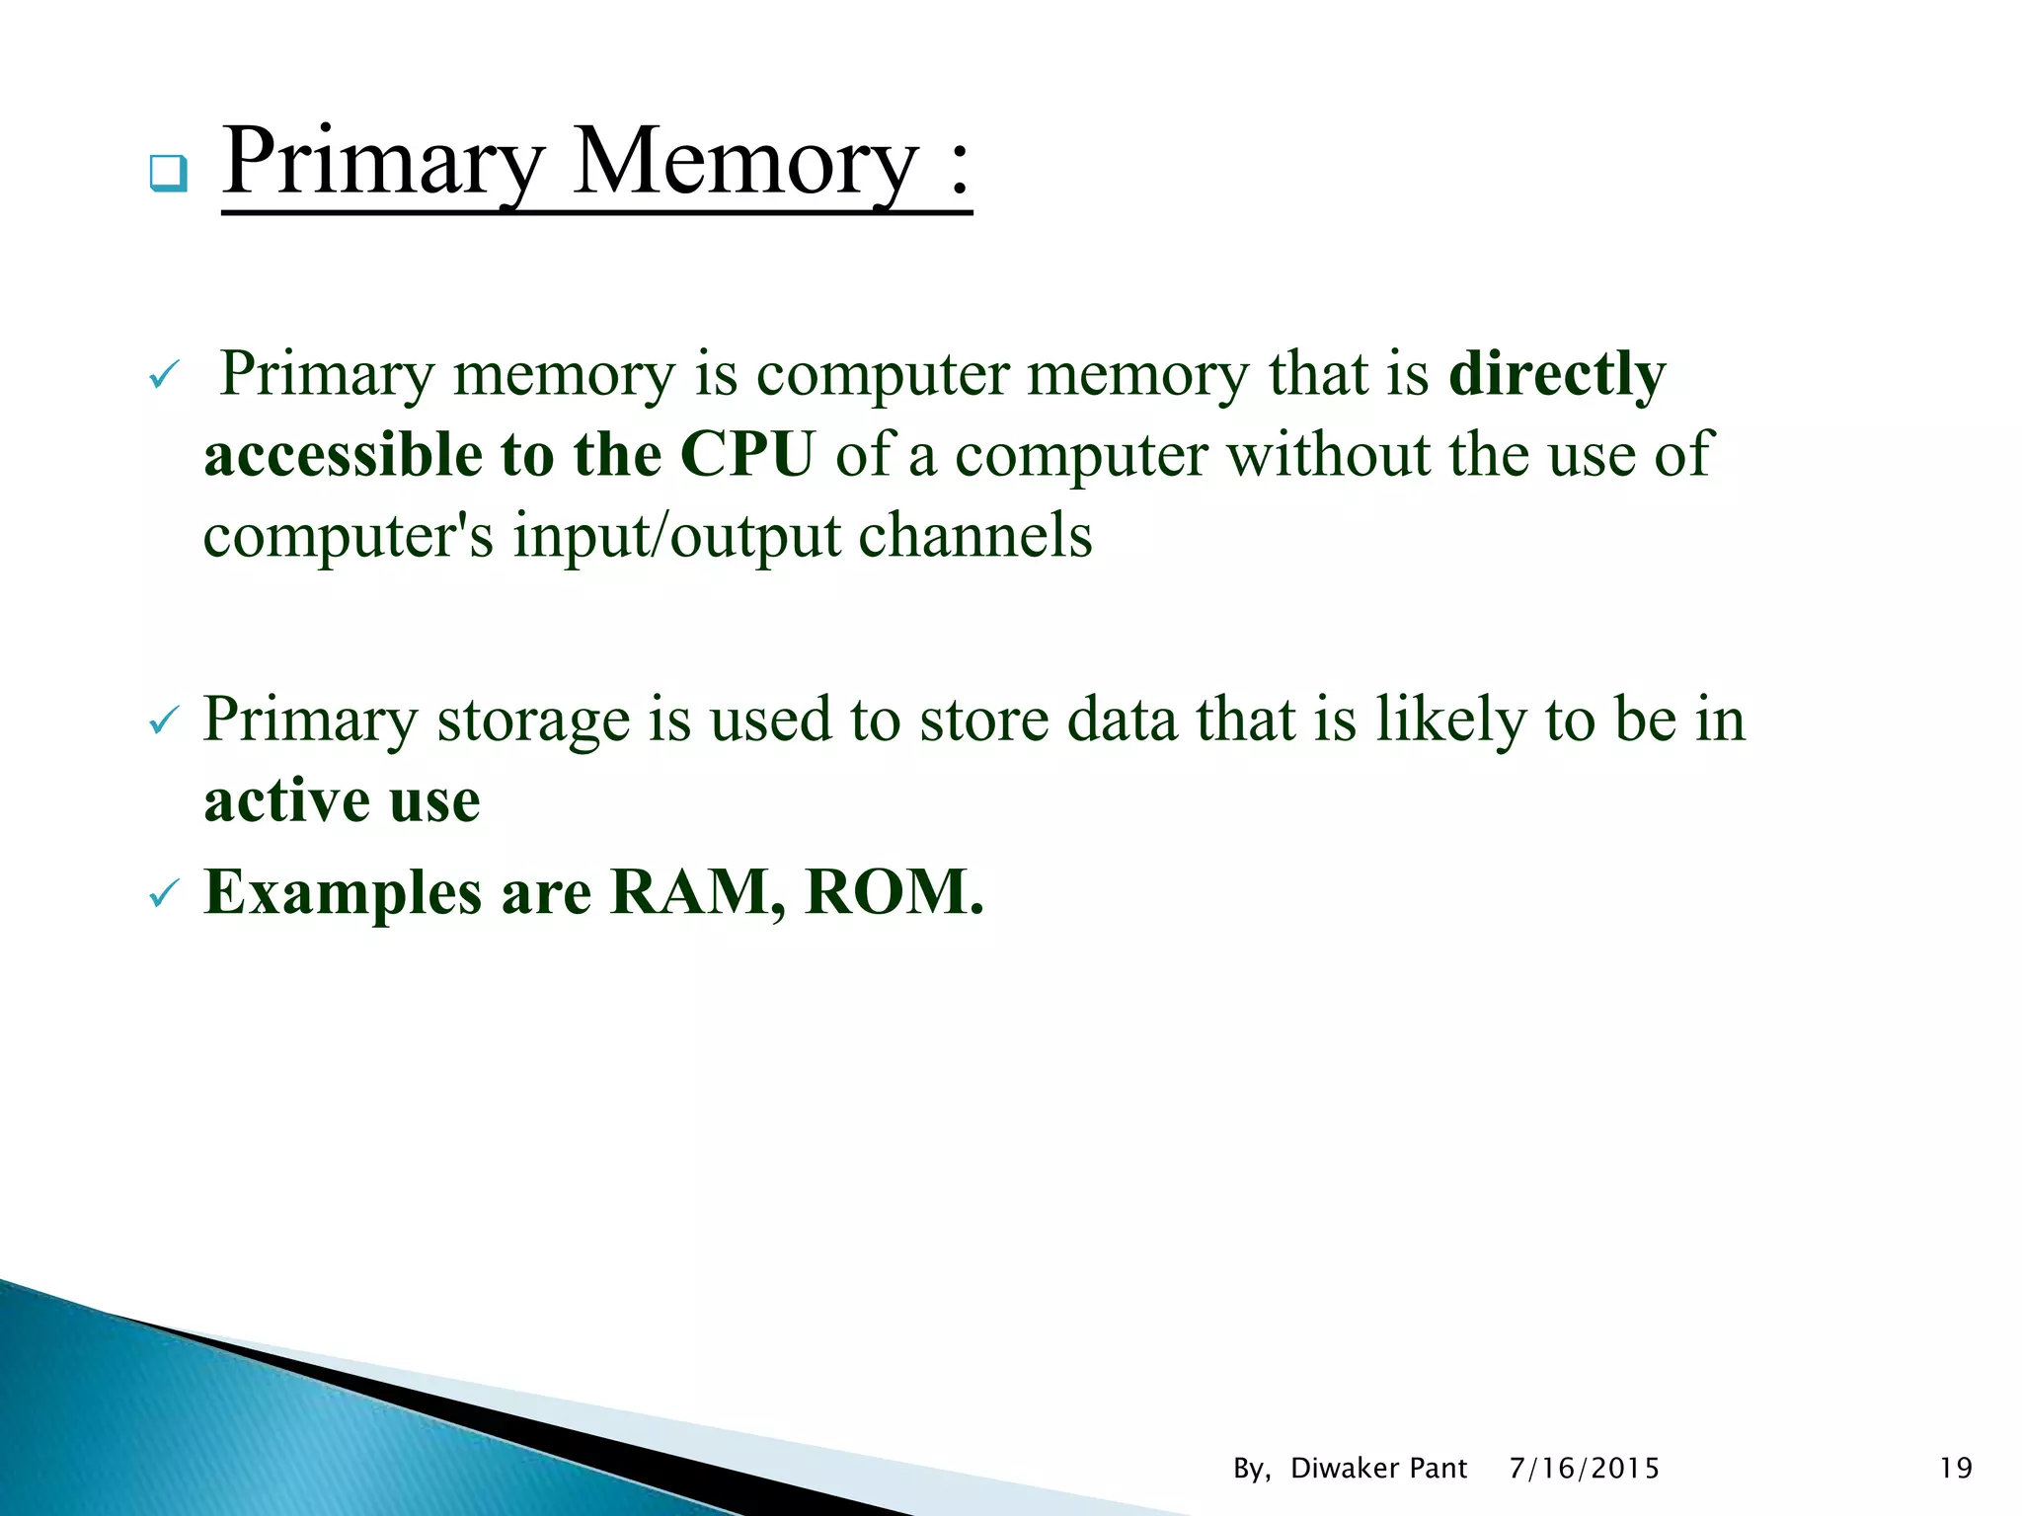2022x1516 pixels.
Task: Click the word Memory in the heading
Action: [745, 163]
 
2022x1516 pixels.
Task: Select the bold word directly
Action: [1557, 375]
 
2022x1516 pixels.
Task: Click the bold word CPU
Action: [747, 455]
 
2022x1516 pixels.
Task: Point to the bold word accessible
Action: [343, 455]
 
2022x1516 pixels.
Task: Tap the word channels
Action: [974, 536]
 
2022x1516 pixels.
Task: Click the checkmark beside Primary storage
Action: [163, 722]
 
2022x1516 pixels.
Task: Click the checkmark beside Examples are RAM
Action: [163, 895]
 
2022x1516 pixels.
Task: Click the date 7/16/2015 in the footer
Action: [1584, 1469]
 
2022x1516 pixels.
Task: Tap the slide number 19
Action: [1955, 1469]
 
